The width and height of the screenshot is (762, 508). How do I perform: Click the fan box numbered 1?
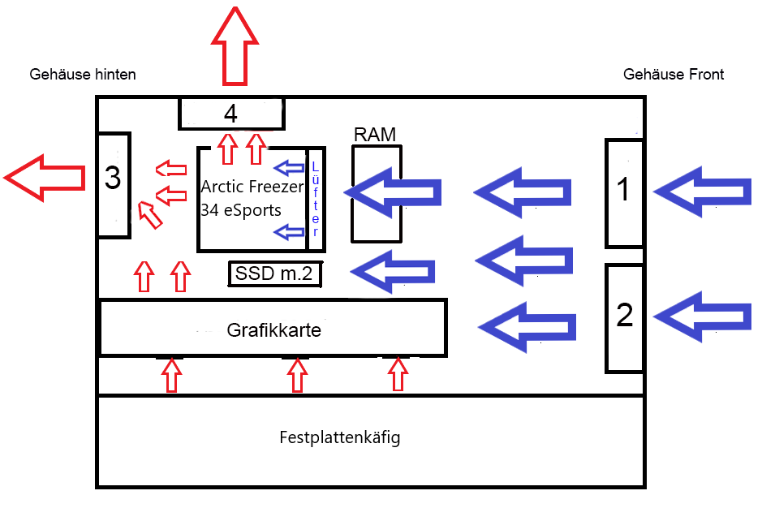pos(624,192)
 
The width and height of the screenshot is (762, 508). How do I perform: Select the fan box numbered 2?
pos(624,317)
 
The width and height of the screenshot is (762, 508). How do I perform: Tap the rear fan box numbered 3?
pos(113,184)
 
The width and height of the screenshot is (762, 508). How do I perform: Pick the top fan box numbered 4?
pos(231,114)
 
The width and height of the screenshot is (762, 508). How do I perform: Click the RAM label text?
pos(375,135)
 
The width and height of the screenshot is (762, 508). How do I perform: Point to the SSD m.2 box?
pos(274,274)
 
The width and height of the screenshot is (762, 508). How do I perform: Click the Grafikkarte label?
pos(273,330)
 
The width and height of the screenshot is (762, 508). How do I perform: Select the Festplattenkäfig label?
pos(339,438)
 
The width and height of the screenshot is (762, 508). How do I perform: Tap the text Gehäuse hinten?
pos(82,75)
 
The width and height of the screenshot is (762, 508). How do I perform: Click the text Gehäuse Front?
pos(673,75)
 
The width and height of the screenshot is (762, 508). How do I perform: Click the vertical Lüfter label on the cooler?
pos(316,199)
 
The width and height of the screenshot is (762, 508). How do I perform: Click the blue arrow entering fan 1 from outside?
pos(702,192)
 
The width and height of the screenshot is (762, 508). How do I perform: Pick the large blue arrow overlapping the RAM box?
pos(394,192)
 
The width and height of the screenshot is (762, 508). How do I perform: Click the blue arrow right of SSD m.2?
pos(393,271)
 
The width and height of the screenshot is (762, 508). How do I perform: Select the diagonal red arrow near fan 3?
pos(149,214)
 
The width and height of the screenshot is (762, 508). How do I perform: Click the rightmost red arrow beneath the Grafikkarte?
pos(397,374)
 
